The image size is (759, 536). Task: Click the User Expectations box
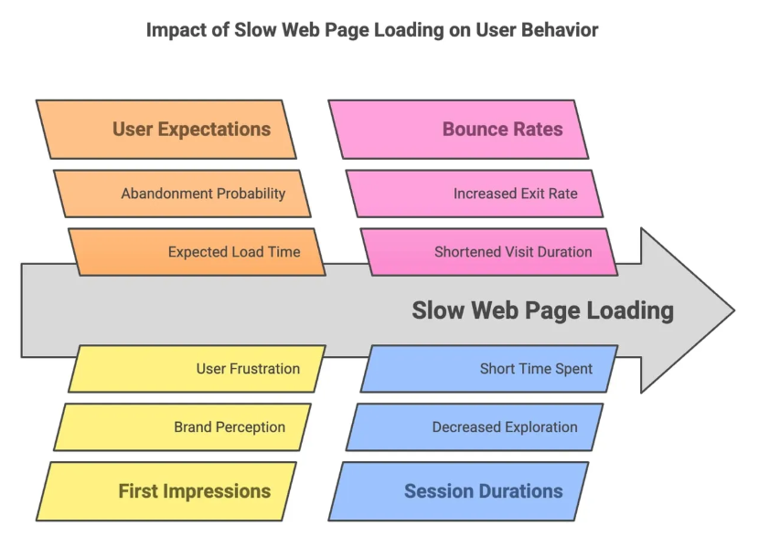click(x=166, y=130)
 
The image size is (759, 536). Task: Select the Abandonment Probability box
click(x=182, y=194)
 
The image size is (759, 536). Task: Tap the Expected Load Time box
click(x=197, y=252)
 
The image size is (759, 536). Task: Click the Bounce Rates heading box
click(x=458, y=130)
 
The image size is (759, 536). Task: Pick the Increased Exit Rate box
click(x=475, y=194)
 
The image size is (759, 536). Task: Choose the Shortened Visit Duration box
click(x=489, y=252)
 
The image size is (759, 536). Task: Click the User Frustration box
click(x=197, y=368)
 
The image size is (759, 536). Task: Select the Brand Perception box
click(x=182, y=426)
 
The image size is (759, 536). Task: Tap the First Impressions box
click(x=166, y=491)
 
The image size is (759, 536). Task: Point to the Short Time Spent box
click(x=489, y=368)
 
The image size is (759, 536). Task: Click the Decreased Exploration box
click(x=475, y=426)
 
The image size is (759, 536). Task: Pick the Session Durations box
click(x=458, y=491)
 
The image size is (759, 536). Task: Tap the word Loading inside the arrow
click(x=630, y=311)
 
